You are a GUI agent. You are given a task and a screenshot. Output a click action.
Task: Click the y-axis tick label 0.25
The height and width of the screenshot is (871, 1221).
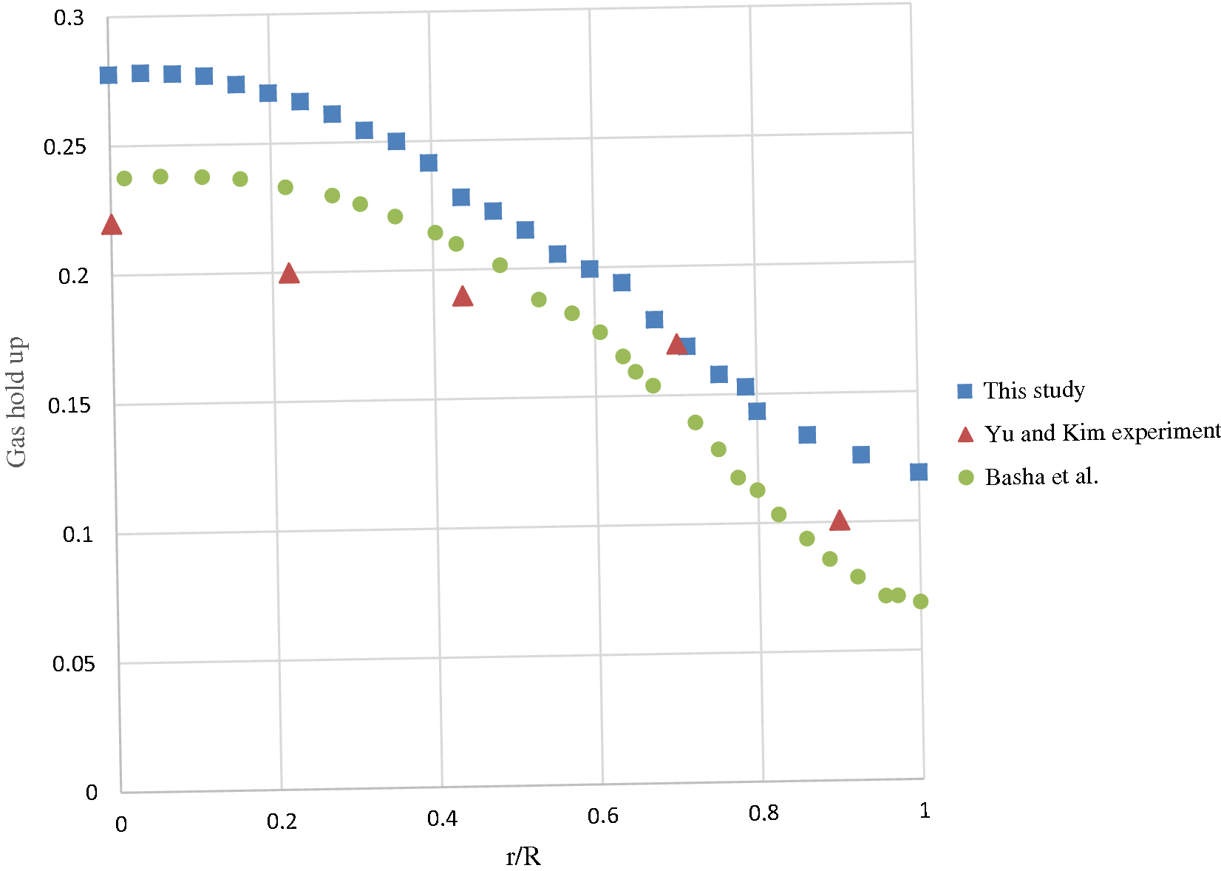65,147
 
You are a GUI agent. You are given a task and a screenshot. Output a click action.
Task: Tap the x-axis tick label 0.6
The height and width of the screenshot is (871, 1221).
603,816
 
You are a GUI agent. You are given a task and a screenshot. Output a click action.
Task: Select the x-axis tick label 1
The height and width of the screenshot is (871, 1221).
925,811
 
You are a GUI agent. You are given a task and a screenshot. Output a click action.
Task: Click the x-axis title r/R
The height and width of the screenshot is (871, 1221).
523,856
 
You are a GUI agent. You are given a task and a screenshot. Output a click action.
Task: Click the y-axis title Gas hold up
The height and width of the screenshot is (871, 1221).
16,402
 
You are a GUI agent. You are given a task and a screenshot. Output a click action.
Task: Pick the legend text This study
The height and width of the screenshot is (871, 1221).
1034,390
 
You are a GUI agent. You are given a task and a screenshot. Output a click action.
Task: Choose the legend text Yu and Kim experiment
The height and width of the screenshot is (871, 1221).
1101,433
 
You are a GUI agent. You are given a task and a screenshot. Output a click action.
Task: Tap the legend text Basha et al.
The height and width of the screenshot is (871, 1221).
1041,477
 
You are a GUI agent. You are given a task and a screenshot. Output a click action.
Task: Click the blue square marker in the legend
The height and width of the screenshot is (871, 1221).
965,391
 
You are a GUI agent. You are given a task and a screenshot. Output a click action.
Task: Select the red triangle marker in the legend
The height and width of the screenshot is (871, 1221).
965,435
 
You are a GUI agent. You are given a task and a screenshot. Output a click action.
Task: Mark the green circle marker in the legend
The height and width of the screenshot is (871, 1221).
965,478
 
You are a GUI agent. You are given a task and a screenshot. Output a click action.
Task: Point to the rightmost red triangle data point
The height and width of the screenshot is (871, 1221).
840,521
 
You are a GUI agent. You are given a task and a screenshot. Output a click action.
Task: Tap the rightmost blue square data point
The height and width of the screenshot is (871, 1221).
919,472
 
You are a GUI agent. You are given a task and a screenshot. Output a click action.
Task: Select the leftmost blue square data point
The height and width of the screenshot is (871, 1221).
109,75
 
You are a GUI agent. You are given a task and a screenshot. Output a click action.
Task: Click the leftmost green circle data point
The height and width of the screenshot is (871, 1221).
124,178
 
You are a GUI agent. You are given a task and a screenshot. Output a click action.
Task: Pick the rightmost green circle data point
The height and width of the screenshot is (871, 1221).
920,601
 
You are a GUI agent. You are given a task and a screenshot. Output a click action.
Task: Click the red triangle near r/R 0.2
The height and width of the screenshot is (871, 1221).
289,274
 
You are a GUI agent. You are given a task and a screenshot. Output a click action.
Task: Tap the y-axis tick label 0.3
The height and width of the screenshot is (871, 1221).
69,18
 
